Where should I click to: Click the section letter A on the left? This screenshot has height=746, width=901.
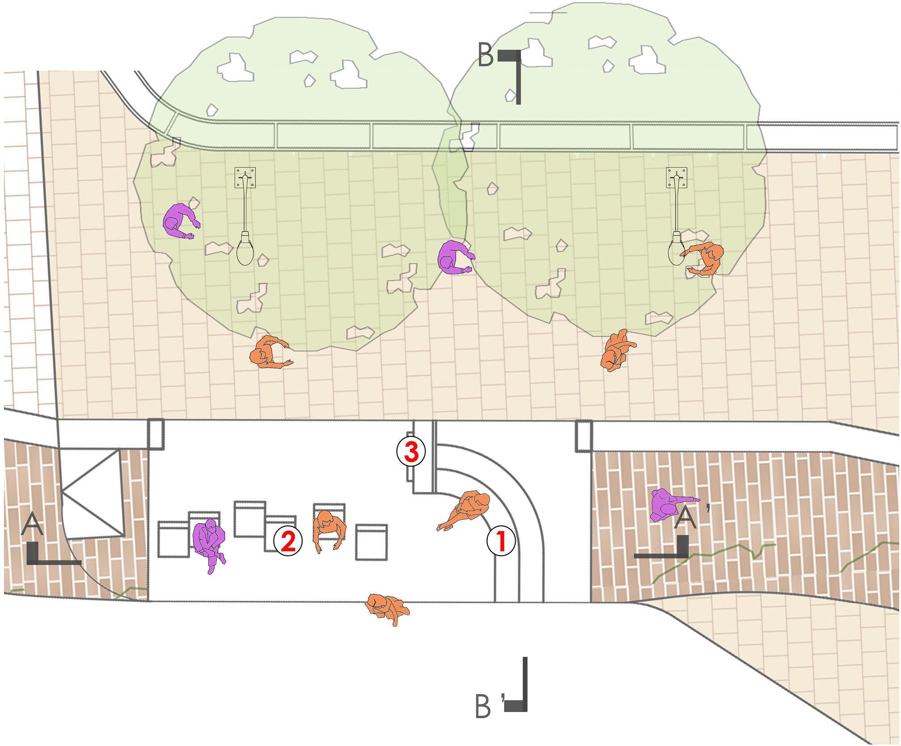(x=32, y=525)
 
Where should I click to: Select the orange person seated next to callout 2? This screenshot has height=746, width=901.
(x=329, y=532)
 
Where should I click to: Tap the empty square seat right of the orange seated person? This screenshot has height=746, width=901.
(x=371, y=542)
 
